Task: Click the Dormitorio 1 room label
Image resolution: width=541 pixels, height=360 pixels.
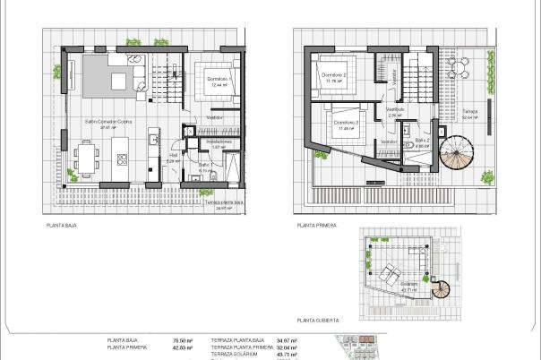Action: click(219, 80)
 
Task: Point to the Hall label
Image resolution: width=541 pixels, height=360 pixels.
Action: click(175, 155)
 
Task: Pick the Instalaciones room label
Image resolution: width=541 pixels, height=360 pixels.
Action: click(219, 141)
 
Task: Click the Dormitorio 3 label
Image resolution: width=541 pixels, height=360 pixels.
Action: click(346, 122)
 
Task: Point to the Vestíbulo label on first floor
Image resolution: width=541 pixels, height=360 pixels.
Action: click(395, 109)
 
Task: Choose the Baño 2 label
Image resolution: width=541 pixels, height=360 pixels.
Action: click(423, 141)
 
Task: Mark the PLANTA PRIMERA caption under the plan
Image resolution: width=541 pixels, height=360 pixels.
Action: click(318, 226)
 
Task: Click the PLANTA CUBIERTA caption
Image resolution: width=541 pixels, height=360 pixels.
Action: click(319, 319)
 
